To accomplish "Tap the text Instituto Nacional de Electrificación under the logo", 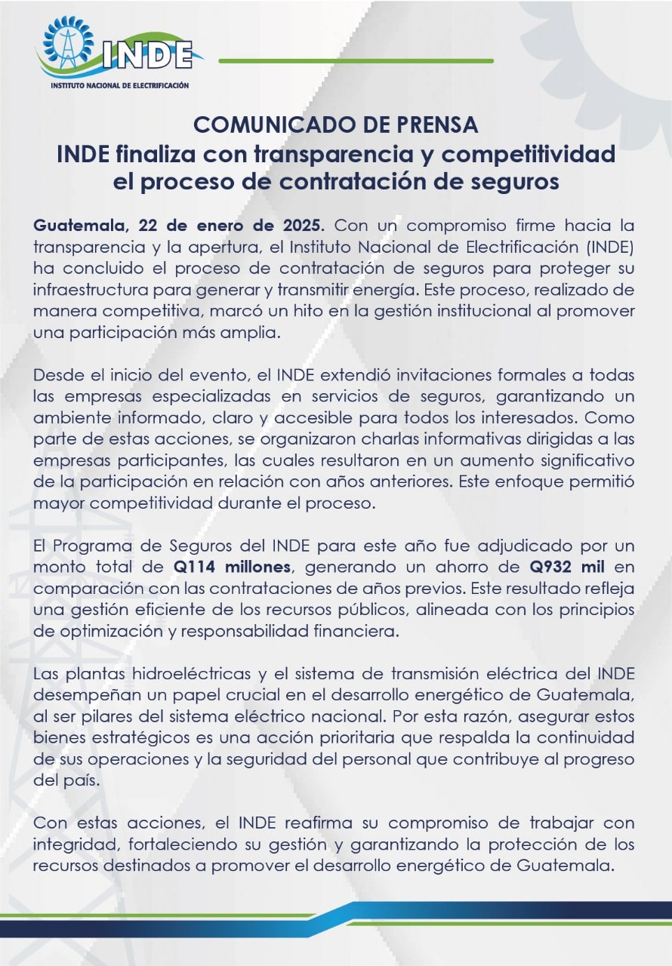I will coord(119,87).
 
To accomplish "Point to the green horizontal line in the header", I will coord(356,60).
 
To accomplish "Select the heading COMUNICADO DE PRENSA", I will coord(336,124).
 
